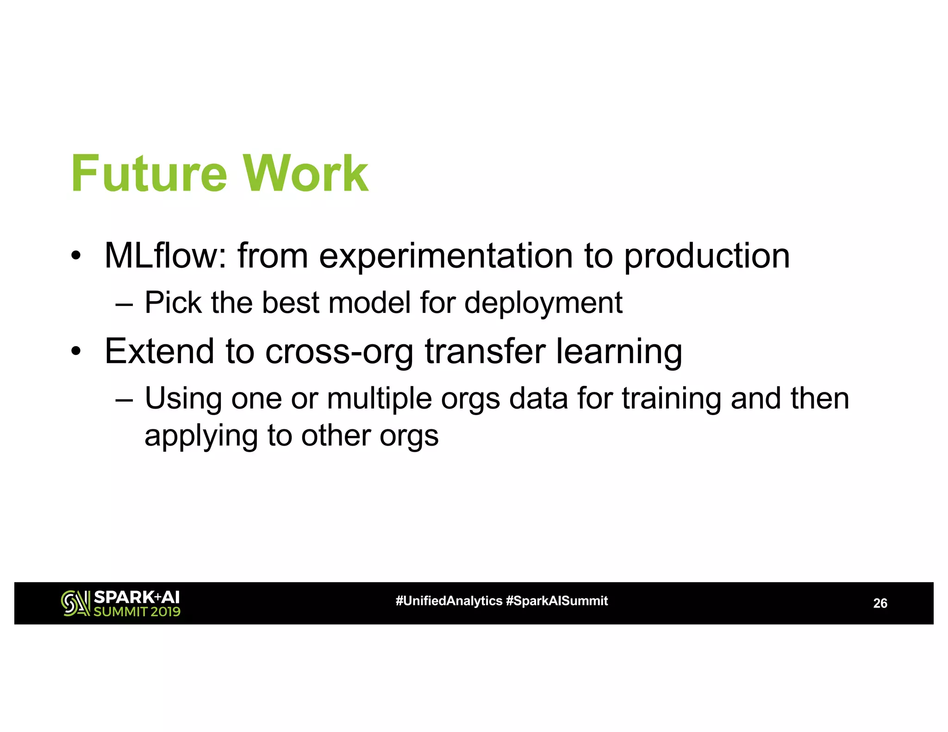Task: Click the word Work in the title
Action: tap(306, 174)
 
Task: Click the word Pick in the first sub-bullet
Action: tap(173, 303)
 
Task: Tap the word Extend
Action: tap(159, 351)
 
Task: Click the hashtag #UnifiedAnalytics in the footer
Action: tap(449, 601)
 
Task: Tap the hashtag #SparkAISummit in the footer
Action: tap(557, 601)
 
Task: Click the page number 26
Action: tap(879, 603)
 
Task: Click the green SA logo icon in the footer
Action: tap(75, 603)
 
